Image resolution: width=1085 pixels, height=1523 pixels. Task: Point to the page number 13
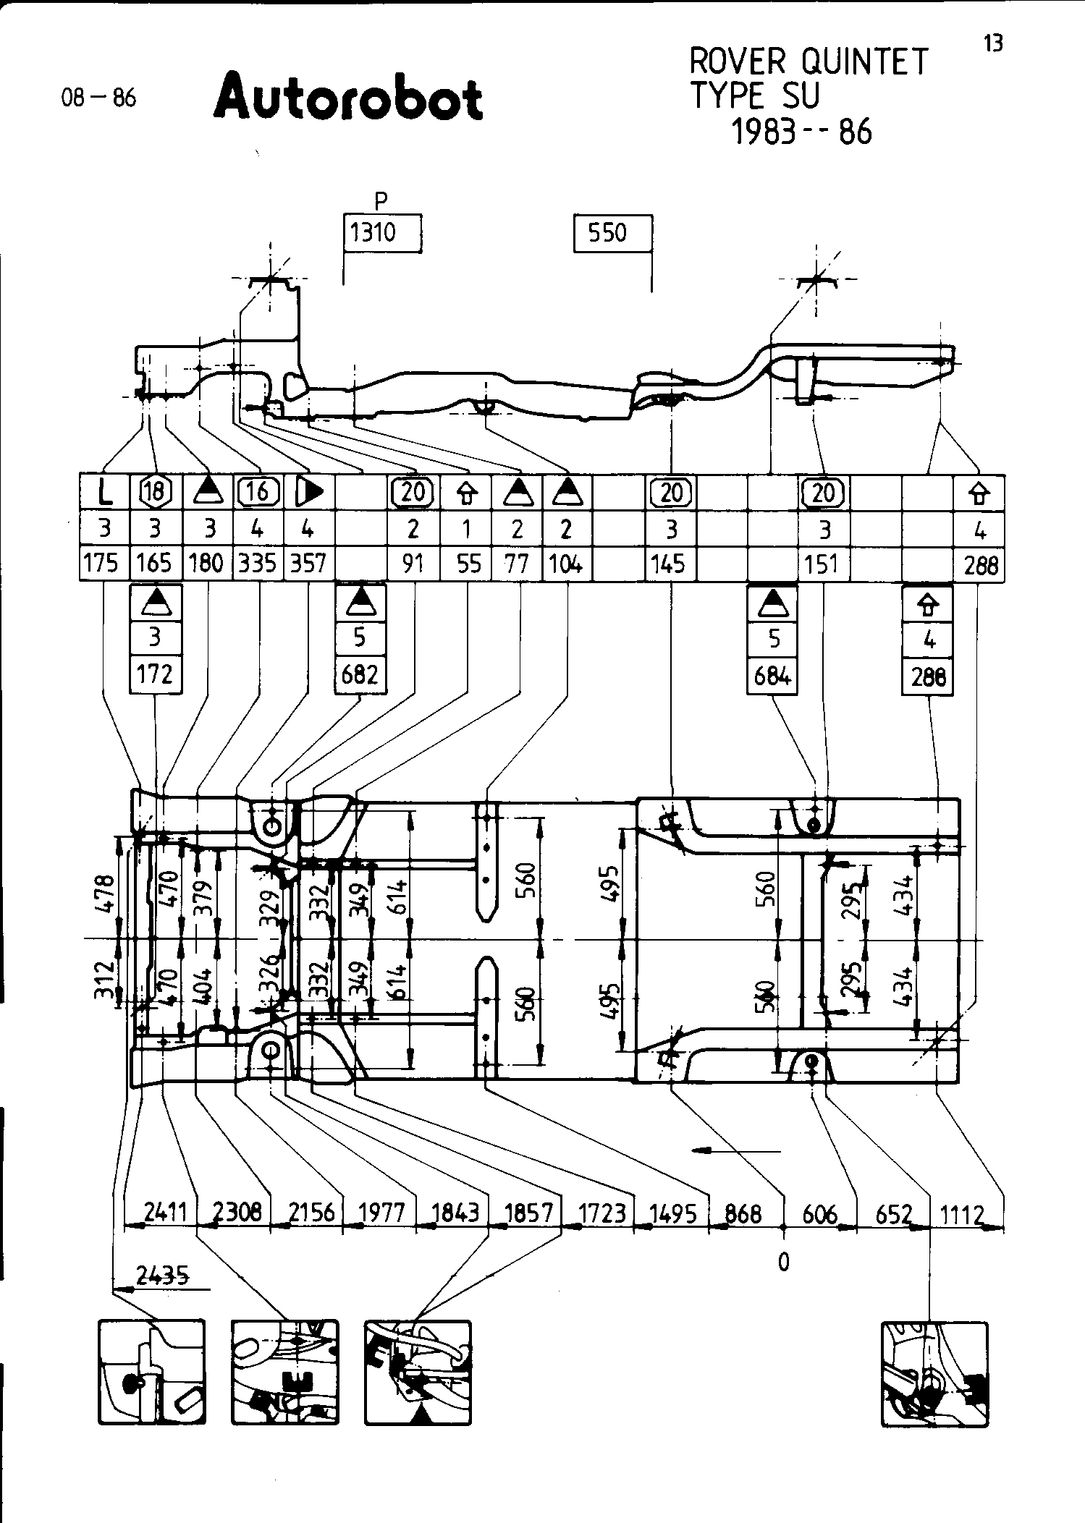[x=994, y=44]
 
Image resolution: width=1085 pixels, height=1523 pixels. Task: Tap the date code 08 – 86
[x=98, y=98]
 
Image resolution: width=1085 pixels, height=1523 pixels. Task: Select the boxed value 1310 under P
[x=374, y=233]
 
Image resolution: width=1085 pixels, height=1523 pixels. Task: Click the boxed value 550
[x=607, y=233]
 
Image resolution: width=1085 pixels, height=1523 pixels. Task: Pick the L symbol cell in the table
[x=105, y=493]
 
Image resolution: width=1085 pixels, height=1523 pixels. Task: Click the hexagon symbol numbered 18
[x=155, y=493]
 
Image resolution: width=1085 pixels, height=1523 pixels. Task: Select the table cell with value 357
[x=308, y=563]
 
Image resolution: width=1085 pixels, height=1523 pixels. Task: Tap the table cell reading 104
[x=566, y=563]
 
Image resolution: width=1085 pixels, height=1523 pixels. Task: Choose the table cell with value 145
[x=669, y=563]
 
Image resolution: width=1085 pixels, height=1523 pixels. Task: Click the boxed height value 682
[x=360, y=674]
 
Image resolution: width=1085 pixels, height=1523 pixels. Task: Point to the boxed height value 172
[x=155, y=674]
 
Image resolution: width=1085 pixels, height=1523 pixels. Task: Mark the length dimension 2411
[x=166, y=1211]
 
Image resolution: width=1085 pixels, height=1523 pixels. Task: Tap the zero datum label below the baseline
[x=783, y=1262]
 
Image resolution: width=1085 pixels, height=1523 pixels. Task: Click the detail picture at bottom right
[x=934, y=1374]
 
